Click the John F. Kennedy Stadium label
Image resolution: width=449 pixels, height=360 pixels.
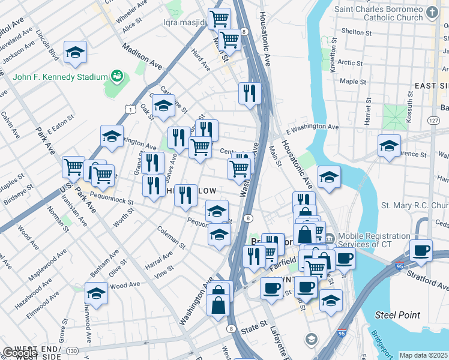[59, 77]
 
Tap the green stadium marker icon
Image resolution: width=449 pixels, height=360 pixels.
[117, 77]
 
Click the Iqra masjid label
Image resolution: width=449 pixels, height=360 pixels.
[184, 23]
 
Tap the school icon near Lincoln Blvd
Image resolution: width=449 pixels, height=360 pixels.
[76, 53]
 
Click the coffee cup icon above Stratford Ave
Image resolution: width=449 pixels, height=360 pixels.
[421, 250]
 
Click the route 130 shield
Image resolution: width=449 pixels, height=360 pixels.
[73, 350]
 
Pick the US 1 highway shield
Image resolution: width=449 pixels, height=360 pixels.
[129, 108]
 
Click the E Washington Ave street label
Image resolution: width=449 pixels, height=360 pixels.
[312, 127]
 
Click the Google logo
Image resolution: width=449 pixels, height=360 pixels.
[20, 353]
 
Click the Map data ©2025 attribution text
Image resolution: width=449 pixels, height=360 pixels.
[423, 356]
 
